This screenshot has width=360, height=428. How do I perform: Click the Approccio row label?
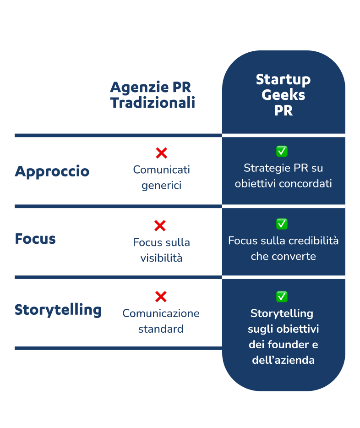coord(52,172)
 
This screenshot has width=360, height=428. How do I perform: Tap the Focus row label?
coord(35,239)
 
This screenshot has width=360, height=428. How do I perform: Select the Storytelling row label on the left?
coord(58,310)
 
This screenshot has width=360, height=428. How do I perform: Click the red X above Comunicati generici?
coord(161,153)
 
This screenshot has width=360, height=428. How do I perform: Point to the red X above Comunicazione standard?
coord(161,296)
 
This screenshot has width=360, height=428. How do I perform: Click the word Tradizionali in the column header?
coord(153,103)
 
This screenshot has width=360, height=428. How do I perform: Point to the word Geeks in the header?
coord(283,95)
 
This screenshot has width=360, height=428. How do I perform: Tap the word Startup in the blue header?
coord(283,79)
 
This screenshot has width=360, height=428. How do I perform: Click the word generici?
coord(161,186)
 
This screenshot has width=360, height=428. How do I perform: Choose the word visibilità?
coord(161,258)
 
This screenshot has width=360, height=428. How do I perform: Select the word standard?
coord(161,329)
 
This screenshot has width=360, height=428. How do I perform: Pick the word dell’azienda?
coord(283,360)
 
